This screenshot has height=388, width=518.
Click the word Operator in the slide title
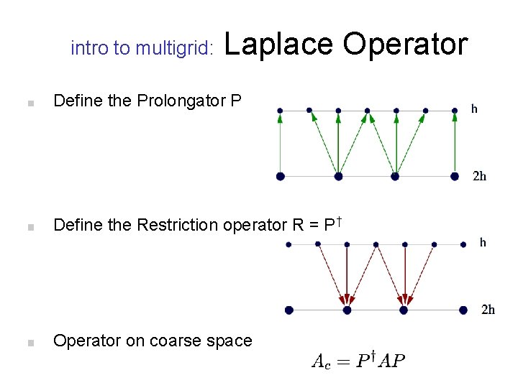pyautogui.click(x=405, y=45)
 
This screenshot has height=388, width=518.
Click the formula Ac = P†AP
pyautogui.click(x=358, y=361)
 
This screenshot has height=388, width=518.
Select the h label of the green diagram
pyautogui.click(x=474, y=109)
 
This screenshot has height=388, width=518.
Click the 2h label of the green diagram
pyautogui.click(x=479, y=176)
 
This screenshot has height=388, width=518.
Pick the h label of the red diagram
pyautogui.click(x=483, y=243)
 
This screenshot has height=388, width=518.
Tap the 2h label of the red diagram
pyautogui.click(x=488, y=310)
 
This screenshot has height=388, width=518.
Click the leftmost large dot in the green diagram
pyautogui.click(x=280, y=176)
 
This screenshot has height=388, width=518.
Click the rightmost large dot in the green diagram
pyautogui.click(x=454, y=176)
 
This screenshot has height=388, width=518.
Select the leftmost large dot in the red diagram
pyautogui.click(x=288, y=310)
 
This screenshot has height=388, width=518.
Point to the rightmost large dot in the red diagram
pyautogui.click(x=463, y=310)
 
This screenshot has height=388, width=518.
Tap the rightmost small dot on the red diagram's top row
pyautogui.click(x=463, y=244)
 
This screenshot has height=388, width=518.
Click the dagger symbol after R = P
pyautogui.click(x=337, y=218)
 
